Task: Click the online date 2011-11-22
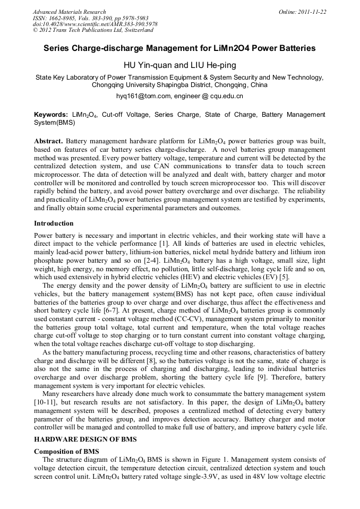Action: point(311,12)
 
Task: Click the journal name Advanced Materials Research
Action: point(70,12)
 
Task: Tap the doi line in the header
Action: point(95,24)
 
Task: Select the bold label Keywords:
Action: point(51,115)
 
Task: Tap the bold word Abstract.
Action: point(48,142)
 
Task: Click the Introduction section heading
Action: point(54,223)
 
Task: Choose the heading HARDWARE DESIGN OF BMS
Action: point(85,439)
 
